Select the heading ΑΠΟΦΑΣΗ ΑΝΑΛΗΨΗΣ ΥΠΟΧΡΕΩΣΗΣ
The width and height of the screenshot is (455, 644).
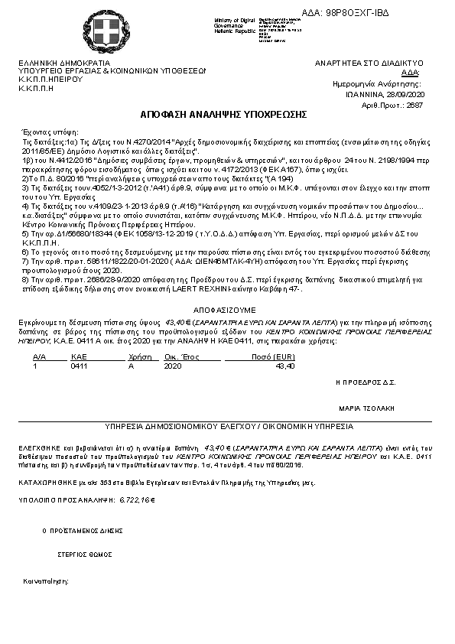tap(223, 114)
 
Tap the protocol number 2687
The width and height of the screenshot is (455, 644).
tap(414, 104)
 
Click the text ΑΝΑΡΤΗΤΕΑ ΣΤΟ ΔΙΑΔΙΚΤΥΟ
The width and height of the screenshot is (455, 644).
tap(380, 63)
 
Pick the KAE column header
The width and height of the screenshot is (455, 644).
tap(79, 356)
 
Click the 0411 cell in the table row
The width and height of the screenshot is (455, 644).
tap(79, 366)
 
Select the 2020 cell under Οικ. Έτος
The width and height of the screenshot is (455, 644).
tap(173, 366)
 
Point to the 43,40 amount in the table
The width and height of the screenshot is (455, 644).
tap(284, 366)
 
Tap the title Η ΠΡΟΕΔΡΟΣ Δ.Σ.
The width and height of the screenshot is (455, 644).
tap(365, 380)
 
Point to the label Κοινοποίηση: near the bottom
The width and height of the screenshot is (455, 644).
tap(46, 581)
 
